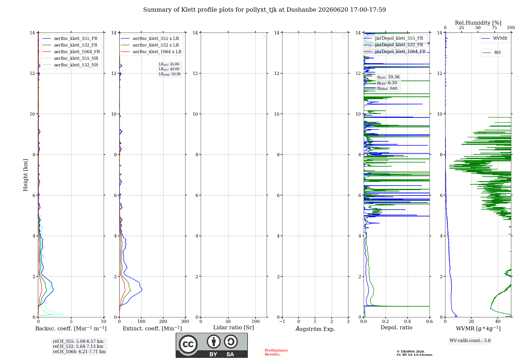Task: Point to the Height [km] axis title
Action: (25, 175)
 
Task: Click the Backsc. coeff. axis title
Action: (71, 328)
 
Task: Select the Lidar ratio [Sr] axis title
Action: (234, 328)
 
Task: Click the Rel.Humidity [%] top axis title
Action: (478, 23)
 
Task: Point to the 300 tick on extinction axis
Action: (185, 321)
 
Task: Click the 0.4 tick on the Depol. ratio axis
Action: (408, 321)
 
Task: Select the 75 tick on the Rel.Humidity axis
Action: (494, 28)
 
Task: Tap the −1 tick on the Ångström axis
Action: (282, 321)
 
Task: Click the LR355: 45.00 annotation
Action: (169, 64)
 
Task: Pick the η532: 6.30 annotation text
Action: (387, 83)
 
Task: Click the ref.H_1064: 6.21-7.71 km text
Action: (79, 352)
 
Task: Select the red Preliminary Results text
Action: (276, 352)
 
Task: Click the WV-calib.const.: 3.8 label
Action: (470, 341)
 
